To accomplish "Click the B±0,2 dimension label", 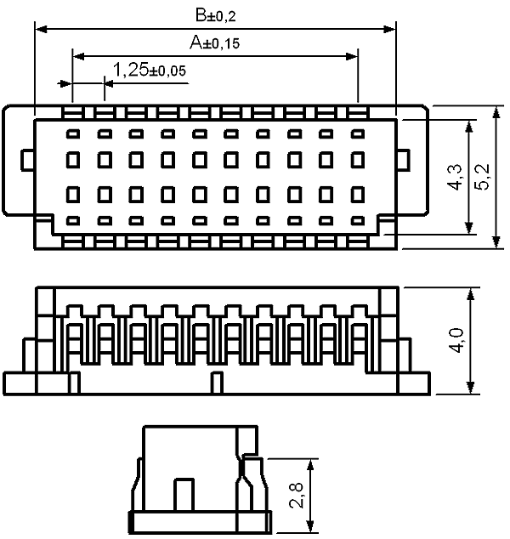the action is [216, 15].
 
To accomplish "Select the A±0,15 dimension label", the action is [214, 43].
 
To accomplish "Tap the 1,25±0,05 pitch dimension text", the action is [150, 70].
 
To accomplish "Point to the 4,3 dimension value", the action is [455, 177].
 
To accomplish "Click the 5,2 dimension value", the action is [482, 177].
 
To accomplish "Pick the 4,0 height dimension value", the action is [456, 340].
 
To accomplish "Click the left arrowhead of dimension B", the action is [42, 29].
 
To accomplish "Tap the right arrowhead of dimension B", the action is [389, 29].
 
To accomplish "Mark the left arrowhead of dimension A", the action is [79, 56].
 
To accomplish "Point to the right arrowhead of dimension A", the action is [352, 56].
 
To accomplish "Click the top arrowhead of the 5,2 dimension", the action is [496, 112].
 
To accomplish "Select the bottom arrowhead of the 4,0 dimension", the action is [471, 388].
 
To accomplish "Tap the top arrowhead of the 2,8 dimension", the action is [310, 465].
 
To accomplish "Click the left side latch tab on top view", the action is [27, 160].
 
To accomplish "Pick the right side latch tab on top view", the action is [404, 160].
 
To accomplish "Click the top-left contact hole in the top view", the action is [73, 133].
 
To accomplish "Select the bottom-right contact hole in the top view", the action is [358, 220].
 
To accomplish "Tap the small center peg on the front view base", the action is [217, 383].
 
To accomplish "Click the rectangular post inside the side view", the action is [184, 495].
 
